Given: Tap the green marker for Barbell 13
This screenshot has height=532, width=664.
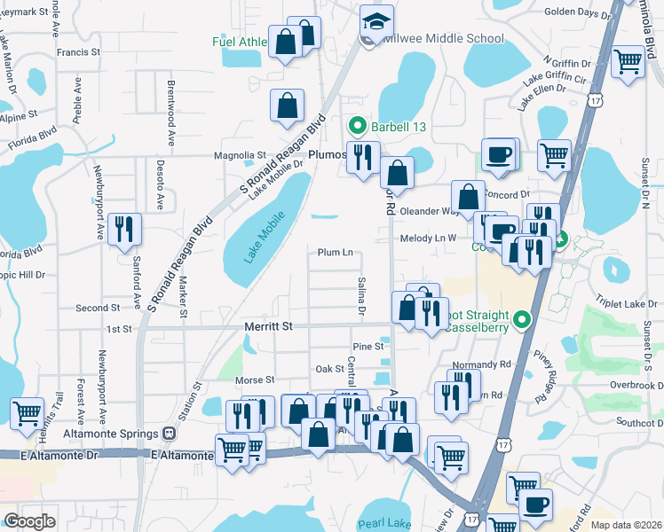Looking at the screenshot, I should [358, 127].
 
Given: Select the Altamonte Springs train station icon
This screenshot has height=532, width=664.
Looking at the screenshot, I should [168, 434].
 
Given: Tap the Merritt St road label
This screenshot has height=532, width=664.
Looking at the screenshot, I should [268, 327].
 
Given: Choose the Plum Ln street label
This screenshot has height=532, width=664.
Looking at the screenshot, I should [336, 253].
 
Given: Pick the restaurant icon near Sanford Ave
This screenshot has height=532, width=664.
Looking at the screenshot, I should [123, 229].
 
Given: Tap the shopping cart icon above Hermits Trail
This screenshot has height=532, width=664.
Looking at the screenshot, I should [28, 412].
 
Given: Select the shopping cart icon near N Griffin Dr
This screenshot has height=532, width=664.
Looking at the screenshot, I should [628, 62].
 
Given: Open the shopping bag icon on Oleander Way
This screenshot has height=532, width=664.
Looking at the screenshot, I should [468, 196].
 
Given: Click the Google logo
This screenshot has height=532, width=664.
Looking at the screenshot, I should [30, 521].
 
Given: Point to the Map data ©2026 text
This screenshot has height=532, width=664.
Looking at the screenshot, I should [626, 525].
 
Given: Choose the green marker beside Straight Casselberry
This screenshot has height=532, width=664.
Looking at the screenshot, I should [522, 318].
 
